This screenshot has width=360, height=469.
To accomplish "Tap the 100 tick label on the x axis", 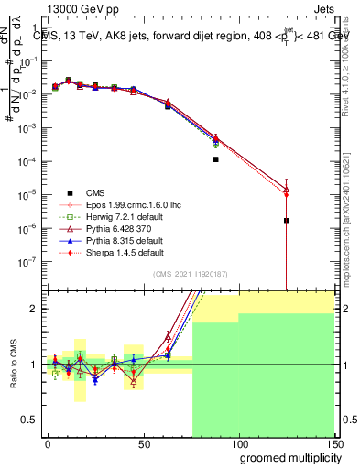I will pyautogui.click(x=238, y=443).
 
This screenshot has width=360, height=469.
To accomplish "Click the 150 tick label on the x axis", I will pyautogui.click(x=333, y=443).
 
